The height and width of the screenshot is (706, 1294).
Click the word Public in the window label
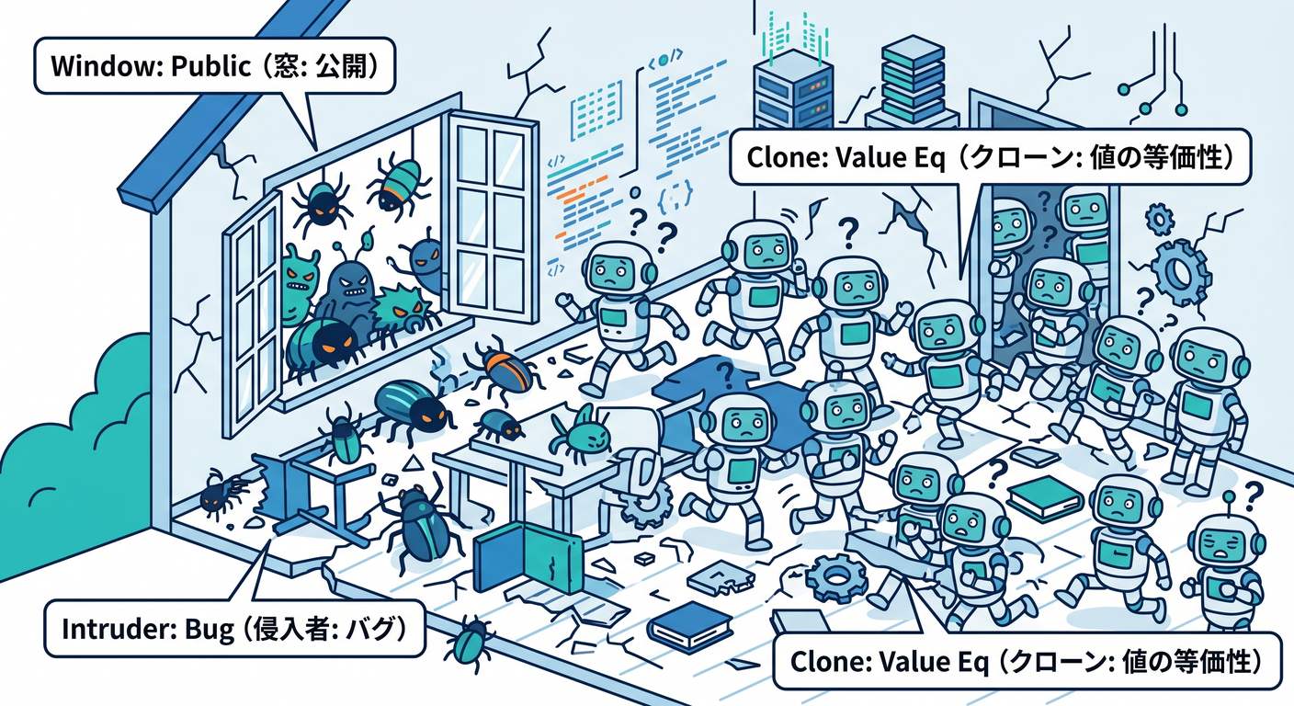(x=211, y=67)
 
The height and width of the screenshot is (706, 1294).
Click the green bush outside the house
(x=69, y=456)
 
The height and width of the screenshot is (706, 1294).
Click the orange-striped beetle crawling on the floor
(x=502, y=369)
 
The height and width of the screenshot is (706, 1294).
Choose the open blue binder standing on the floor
(x=527, y=556)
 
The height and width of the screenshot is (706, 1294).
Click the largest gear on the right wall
(x=1180, y=271)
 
